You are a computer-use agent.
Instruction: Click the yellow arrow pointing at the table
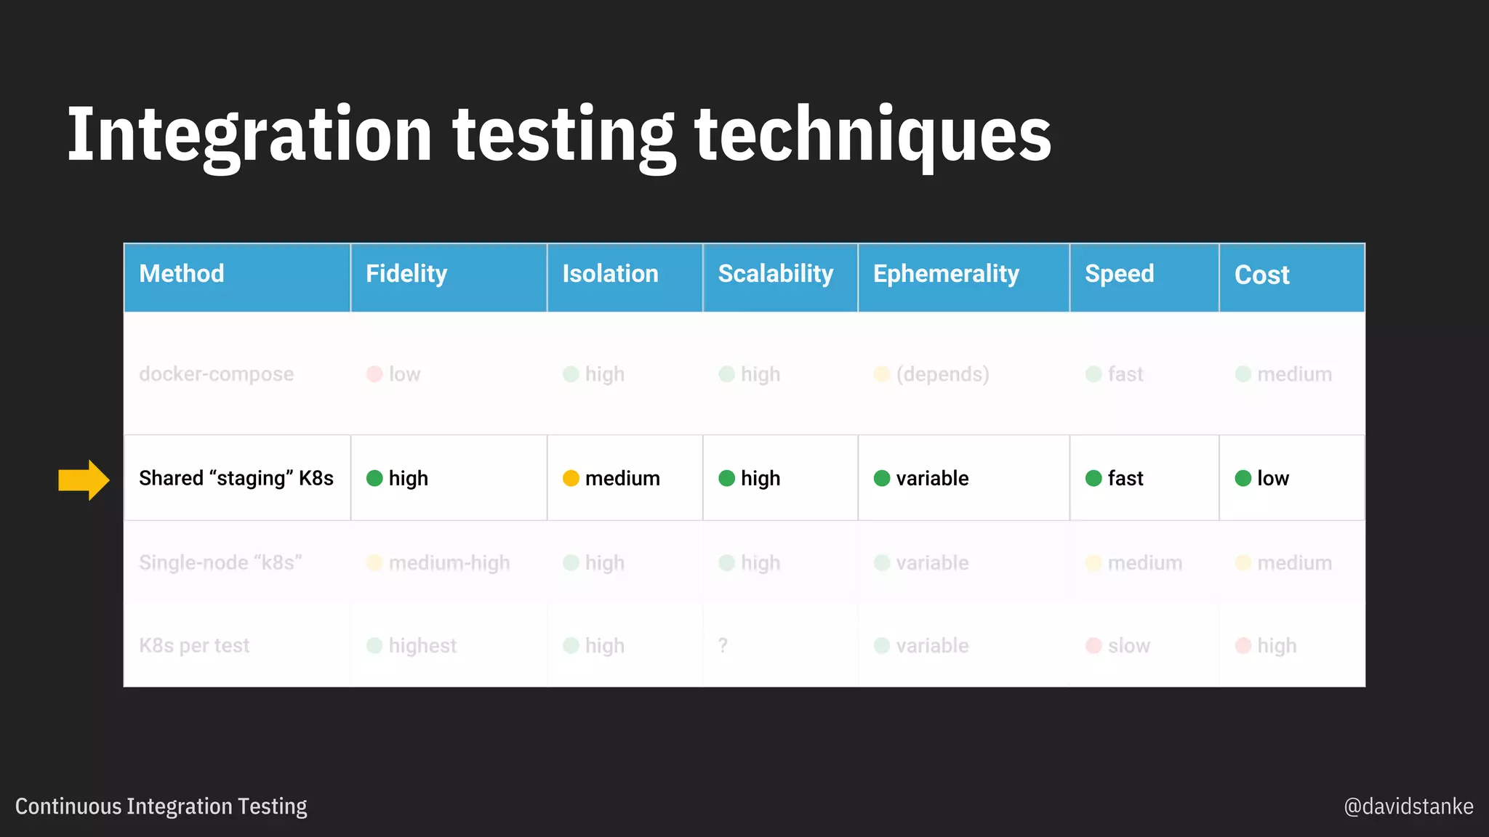[84, 480]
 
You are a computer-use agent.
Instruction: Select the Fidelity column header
[406, 274]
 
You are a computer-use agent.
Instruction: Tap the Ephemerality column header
[945, 274]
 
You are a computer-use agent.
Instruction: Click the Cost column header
[1261, 275]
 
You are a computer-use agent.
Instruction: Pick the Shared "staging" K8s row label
[236, 478]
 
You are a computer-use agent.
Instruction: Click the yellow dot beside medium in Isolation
[571, 478]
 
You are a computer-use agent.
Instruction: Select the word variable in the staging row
[932, 478]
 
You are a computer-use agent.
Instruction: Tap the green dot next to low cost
[1243, 478]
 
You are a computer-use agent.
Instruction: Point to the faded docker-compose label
[216, 374]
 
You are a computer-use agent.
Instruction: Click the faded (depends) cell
[942, 374]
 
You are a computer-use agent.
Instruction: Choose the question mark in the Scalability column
[722, 645]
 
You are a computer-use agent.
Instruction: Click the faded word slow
[1128, 645]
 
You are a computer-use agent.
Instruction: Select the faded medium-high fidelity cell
[449, 563]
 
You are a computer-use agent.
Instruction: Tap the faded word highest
[422, 645]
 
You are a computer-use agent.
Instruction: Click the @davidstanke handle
[1408, 806]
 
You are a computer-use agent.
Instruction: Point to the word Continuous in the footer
[68, 806]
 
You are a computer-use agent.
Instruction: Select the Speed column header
[1119, 274]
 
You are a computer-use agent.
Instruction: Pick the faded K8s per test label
[194, 645]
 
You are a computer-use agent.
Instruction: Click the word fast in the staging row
[1125, 478]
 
